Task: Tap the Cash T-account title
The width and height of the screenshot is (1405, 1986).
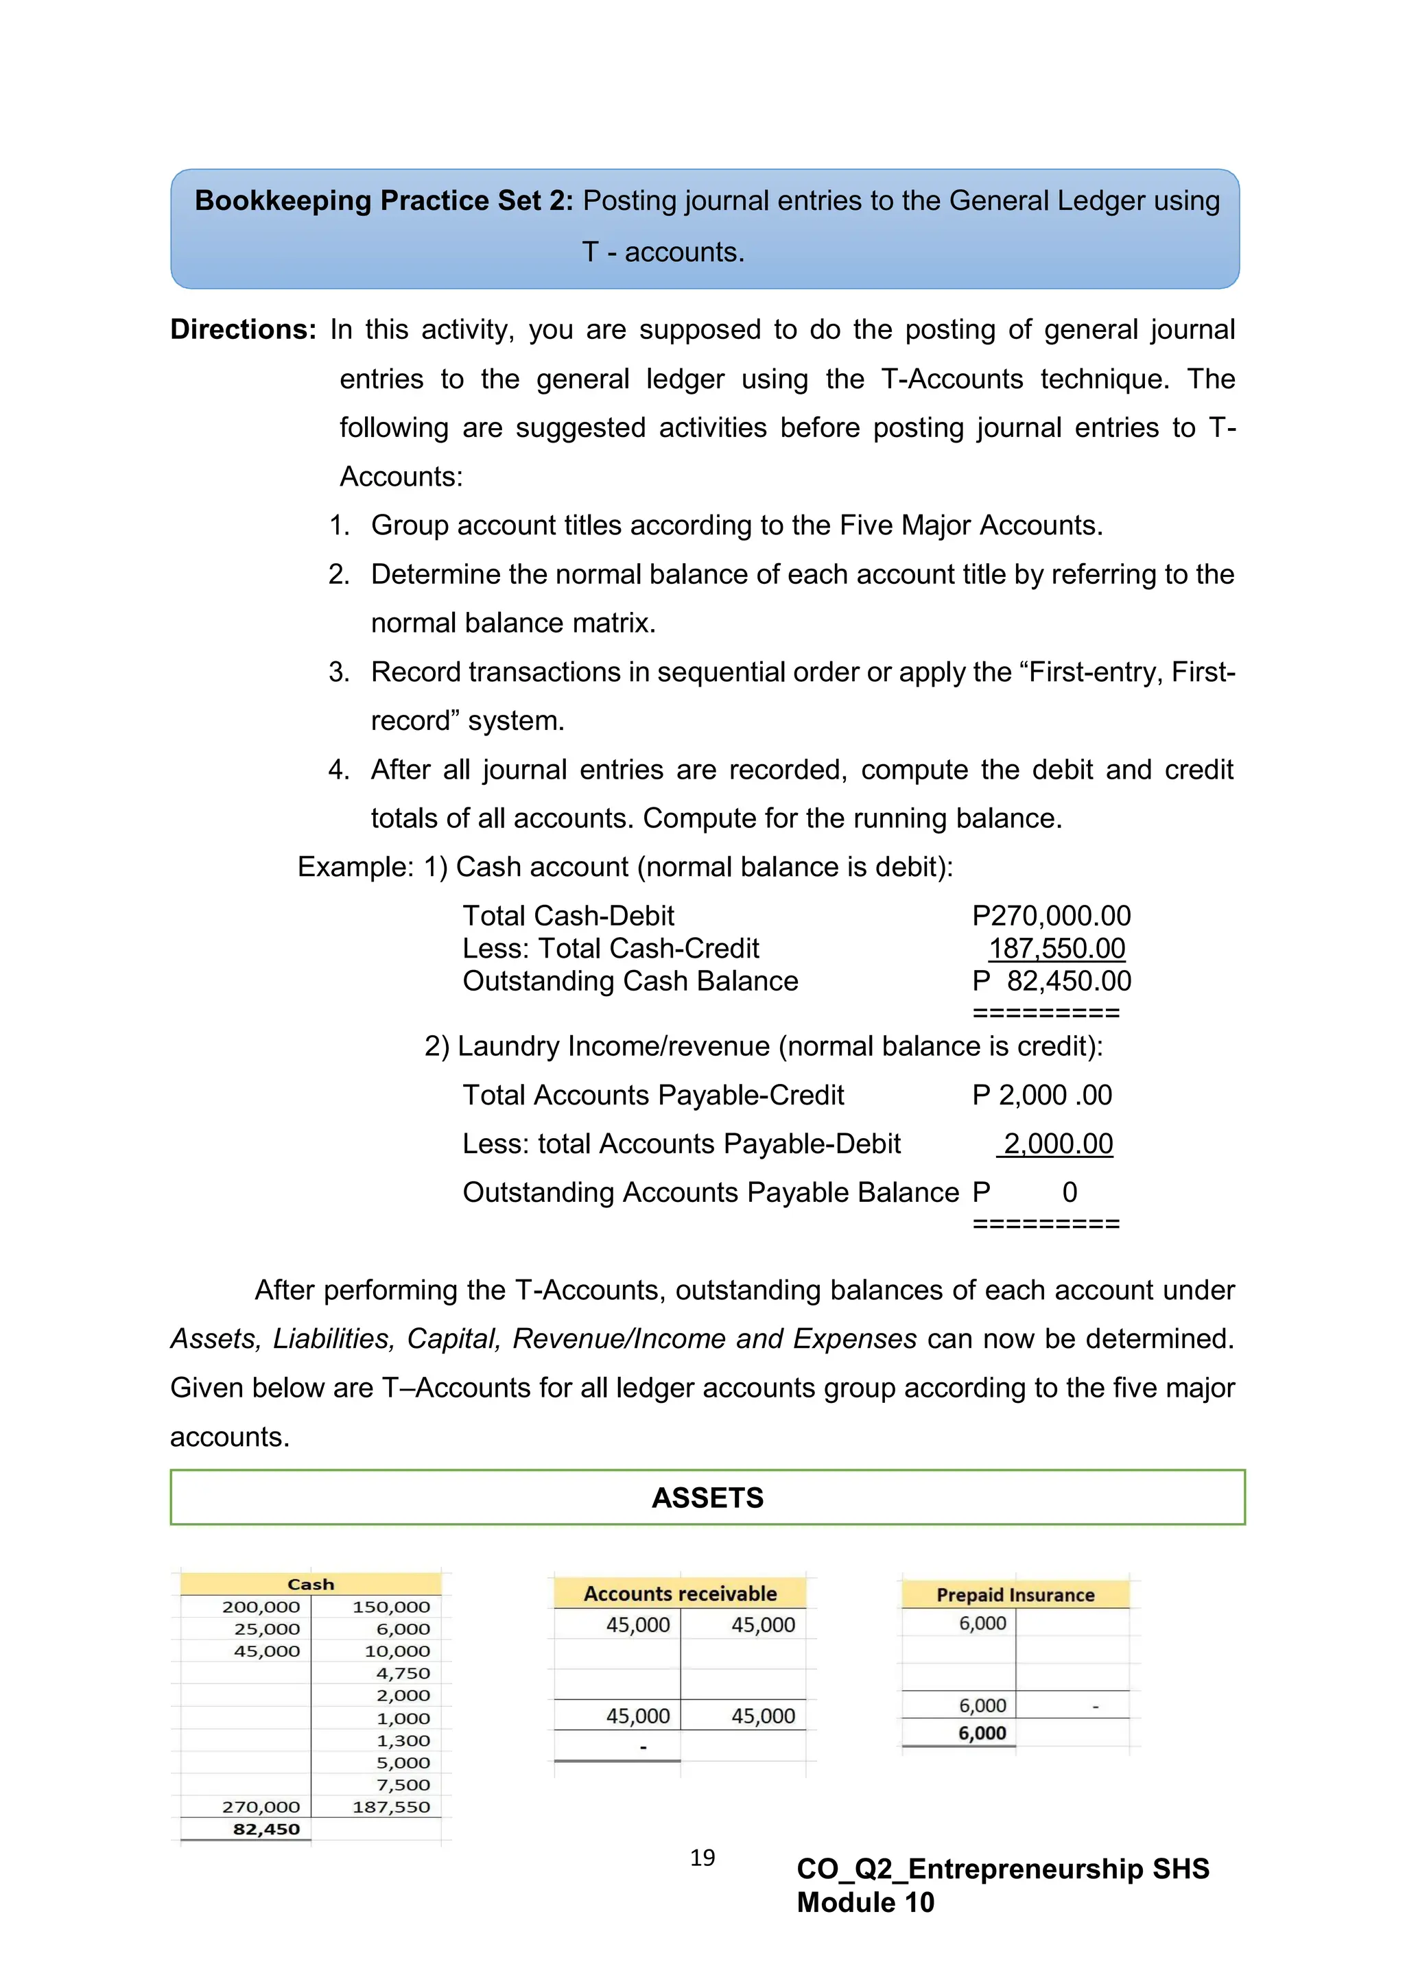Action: click(x=311, y=1584)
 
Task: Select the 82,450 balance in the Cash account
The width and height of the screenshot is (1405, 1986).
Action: click(x=265, y=1829)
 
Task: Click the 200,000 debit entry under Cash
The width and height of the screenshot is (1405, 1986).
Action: click(x=261, y=1606)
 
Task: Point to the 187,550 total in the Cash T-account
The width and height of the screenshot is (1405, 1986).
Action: click(x=391, y=1806)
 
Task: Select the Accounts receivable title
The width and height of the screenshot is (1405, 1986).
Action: click(x=680, y=1594)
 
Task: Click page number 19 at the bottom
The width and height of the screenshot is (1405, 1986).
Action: click(x=702, y=1857)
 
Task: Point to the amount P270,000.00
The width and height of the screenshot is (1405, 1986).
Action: click(x=1051, y=915)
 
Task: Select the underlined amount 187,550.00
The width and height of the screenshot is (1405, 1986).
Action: click(x=1056, y=948)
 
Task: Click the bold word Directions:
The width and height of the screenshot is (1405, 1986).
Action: click(x=243, y=329)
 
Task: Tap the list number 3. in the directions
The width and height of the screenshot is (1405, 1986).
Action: click(x=338, y=672)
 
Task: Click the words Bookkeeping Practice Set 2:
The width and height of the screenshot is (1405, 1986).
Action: click(x=383, y=201)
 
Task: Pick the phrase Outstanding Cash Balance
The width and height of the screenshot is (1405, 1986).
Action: click(x=630, y=981)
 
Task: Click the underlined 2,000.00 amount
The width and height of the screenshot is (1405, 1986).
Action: click(x=1057, y=1144)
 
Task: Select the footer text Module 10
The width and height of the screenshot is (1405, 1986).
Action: click(x=865, y=1902)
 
